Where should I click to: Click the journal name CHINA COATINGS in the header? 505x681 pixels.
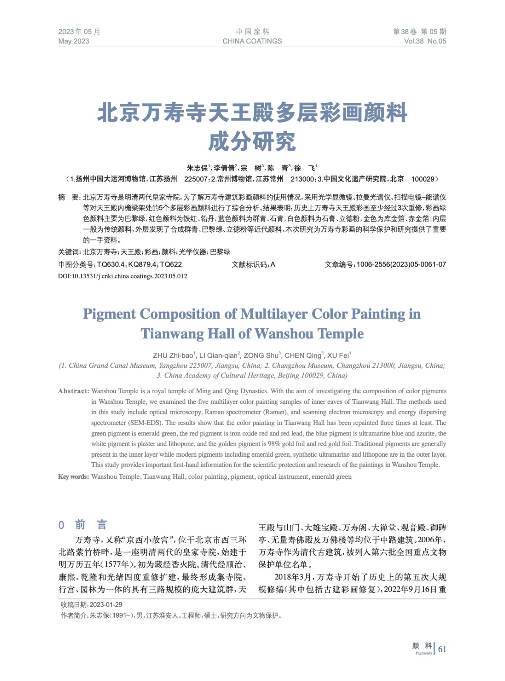click(x=252, y=41)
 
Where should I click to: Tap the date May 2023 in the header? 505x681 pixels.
click(x=74, y=41)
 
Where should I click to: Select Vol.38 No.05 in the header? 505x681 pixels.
click(x=425, y=41)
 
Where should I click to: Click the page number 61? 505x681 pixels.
click(x=442, y=649)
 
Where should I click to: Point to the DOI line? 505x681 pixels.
click(x=123, y=276)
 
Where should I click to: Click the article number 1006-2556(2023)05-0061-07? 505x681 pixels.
click(x=401, y=264)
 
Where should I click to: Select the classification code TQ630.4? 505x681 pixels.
click(x=111, y=264)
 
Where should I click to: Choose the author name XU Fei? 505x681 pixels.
click(x=338, y=355)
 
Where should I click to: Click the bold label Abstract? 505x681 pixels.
click(x=74, y=391)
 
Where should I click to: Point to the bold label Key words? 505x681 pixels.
click(x=74, y=477)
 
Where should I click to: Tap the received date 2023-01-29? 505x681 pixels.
click(x=106, y=605)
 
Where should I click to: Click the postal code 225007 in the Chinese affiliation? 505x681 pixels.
click(x=196, y=179)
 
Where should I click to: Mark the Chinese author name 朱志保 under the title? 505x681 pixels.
click(x=197, y=168)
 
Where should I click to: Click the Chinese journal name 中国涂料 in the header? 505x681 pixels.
click(x=252, y=31)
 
